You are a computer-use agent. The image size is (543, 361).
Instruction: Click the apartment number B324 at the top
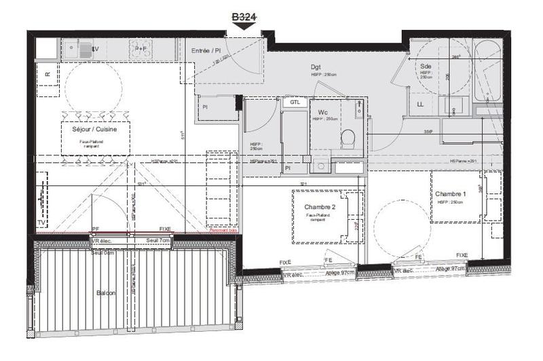pyautogui.click(x=245, y=16)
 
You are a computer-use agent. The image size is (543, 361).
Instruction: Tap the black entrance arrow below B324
pyautogui.click(x=245, y=26)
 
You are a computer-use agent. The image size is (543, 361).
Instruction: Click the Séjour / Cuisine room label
pyautogui.click(x=94, y=128)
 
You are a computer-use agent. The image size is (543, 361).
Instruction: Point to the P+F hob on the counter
pyautogui.click(x=141, y=49)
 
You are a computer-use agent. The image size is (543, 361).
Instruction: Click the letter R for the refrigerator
pyautogui.click(x=48, y=75)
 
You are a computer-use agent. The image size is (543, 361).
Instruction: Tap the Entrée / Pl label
pyautogui.click(x=207, y=50)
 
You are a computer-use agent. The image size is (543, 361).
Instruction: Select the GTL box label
pyautogui.click(x=295, y=102)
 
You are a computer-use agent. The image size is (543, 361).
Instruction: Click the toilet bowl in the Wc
pyautogui.click(x=349, y=138)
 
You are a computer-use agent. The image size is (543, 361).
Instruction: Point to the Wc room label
pyautogui.click(x=322, y=111)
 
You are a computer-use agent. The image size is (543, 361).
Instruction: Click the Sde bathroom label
pyautogui.click(x=425, y=66)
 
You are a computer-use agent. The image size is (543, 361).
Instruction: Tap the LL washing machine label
pyautogui.click(x=420, y=104)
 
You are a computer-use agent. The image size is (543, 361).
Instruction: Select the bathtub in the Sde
pyautogui.click(x=487, y=71)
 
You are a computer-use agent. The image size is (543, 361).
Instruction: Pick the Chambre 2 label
pyautogui.click(x=320, y=207)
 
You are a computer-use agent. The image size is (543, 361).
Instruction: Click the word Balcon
pyautogui.click(x=105, y=293)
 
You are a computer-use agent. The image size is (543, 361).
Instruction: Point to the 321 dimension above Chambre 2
pyautogui.click(x=304, y=184)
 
